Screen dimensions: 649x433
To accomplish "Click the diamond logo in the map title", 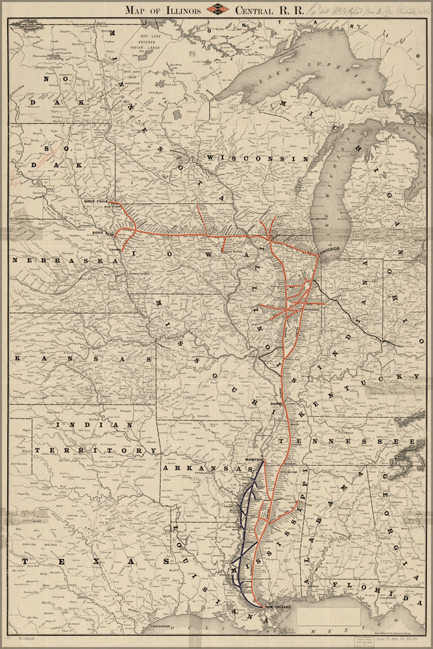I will (216, 10).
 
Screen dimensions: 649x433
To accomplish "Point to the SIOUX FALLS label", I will (95, 202).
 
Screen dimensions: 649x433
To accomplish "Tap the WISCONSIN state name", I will (256, 158).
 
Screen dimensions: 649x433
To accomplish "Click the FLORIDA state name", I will (377, 591).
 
